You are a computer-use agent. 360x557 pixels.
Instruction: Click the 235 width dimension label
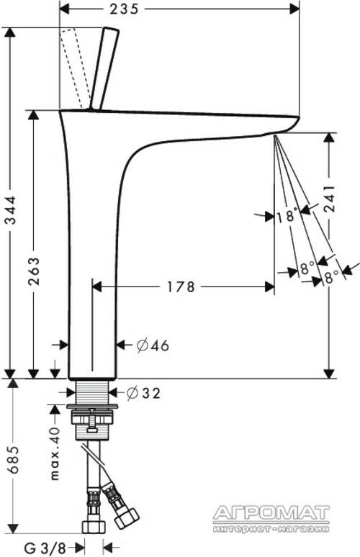124,9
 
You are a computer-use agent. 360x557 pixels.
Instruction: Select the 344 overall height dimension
11,209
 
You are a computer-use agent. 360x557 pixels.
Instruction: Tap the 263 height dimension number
34,272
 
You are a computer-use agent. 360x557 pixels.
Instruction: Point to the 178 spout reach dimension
181,286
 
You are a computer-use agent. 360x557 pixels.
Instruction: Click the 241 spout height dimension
330,199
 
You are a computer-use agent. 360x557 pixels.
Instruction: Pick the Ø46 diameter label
153,345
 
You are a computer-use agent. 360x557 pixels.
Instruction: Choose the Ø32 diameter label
143,392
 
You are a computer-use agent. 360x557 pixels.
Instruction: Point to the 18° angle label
286,216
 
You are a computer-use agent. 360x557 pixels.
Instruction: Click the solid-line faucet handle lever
104,68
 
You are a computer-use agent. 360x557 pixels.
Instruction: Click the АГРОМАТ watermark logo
271,513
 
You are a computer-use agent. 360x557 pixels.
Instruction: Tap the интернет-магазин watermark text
271,528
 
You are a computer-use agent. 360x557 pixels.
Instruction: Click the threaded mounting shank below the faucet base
92,392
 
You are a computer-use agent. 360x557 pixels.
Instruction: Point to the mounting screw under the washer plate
92,420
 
